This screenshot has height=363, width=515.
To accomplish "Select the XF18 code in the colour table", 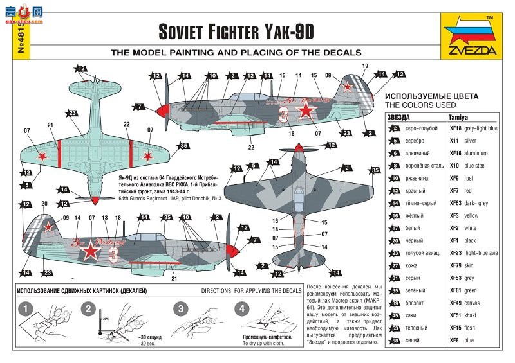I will [454, 128].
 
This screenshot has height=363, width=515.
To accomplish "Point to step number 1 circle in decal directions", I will [23, 309].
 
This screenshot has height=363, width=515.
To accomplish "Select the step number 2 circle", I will [88, 309].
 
